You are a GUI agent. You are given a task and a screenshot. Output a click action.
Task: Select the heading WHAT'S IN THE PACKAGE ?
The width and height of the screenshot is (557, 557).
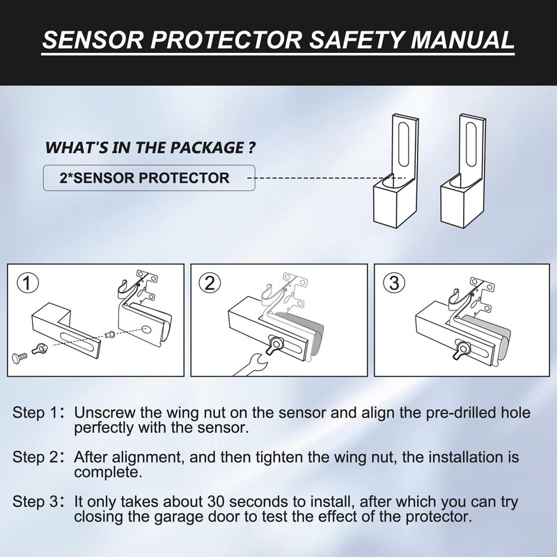[149, 148]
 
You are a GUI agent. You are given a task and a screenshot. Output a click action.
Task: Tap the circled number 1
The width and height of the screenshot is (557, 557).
[26, 283]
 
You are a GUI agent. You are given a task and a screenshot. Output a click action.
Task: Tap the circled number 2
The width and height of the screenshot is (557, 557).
[210, 283]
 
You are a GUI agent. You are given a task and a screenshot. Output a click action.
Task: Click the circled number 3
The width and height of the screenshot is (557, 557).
[394, 283]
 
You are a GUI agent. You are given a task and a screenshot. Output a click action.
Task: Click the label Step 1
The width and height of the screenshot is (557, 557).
[39, 412]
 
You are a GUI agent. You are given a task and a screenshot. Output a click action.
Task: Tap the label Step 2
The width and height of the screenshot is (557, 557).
[39, 457]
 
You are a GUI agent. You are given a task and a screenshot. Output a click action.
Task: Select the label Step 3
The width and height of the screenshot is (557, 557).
[39, 502]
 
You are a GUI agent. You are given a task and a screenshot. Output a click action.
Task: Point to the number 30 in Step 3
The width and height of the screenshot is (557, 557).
[216, 502]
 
